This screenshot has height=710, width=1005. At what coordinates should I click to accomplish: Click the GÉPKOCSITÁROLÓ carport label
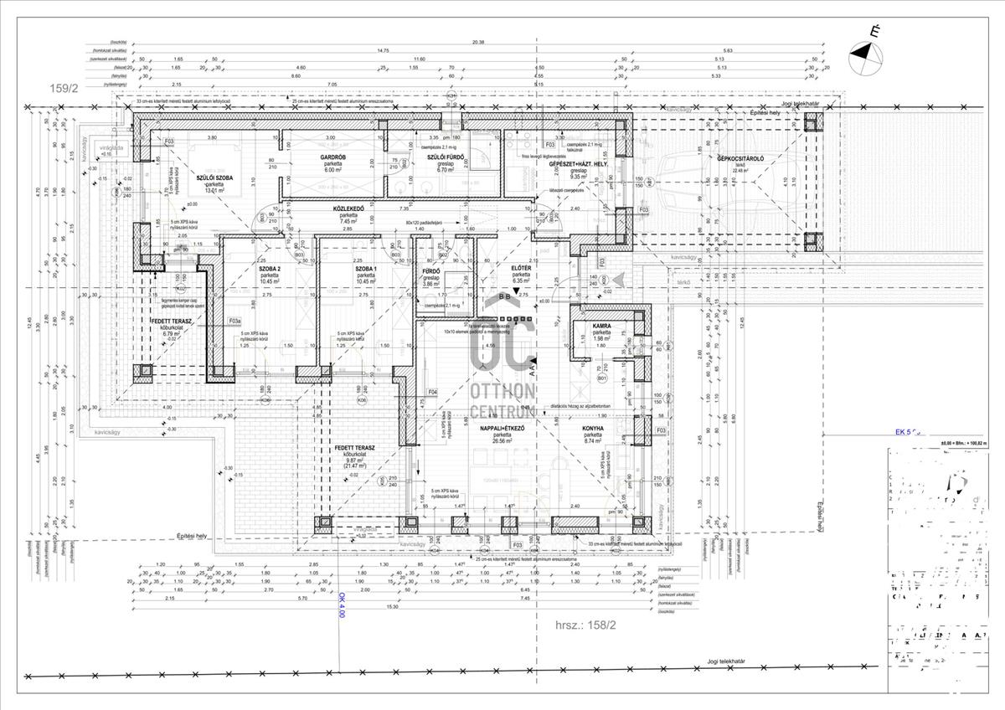pos(740,157)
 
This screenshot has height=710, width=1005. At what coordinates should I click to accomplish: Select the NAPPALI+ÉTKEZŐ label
pos(502,428)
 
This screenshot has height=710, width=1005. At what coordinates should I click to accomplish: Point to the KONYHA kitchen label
pos(593,428)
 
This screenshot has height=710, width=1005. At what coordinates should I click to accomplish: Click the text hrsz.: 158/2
pos(585,625)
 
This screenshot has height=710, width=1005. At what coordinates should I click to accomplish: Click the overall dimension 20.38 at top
pos(478,40)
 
